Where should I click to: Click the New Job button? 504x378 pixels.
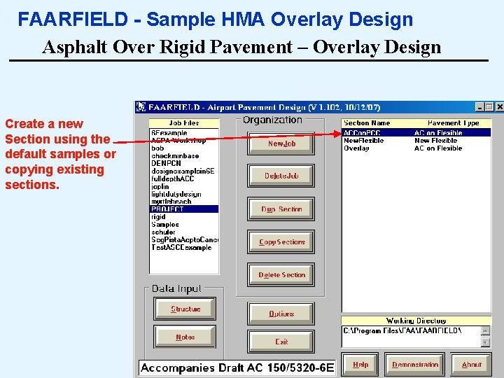tap(281, 143)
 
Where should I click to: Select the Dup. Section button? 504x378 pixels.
tap(281, 209)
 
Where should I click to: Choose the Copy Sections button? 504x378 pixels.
tap(281, 242)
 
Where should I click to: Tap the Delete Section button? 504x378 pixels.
tap(281, 275)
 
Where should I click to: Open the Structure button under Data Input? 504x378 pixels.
tap(185, 309)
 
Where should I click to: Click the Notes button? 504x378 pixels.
tap(185, 337)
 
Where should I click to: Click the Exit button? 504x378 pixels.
tap(281, 342)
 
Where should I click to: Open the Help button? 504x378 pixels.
tap(360, 365)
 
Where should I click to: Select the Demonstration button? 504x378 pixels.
tap(415, 365)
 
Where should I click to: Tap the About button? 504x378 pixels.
tap(471, 365)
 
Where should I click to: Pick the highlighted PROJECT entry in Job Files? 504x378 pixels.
tap(168, 209)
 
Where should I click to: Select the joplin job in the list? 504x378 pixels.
tap(160, 186)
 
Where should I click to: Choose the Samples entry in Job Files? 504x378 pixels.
tap(165, 225)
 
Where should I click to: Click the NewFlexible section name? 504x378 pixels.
tap(364, 141)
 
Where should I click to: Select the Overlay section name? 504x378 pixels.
tap(356, 148)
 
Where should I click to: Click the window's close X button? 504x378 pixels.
tap(499, 107)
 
